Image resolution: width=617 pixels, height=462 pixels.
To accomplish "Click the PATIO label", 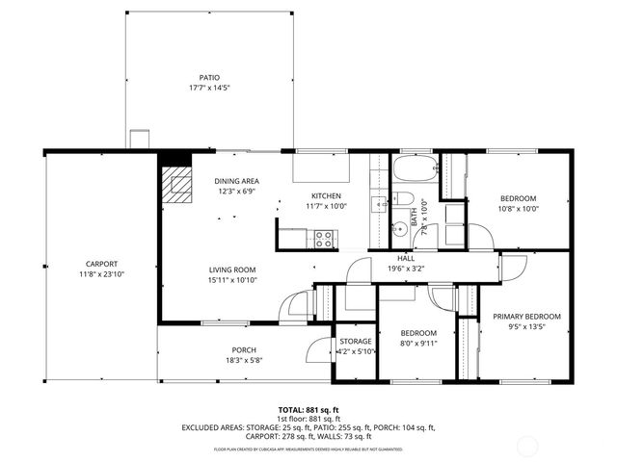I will [x=209, y=77].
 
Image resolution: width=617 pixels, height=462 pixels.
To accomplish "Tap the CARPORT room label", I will [x=101, y=263].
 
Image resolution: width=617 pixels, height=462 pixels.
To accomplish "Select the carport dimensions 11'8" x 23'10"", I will [x=101, y=273].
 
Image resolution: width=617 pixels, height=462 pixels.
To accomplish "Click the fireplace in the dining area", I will [x=177, y=182].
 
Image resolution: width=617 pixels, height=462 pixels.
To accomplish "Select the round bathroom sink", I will [x=398, y=231].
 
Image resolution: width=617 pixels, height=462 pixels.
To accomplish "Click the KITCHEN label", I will [x=326, y=196].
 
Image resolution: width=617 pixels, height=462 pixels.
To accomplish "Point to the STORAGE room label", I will [x=355, y=341].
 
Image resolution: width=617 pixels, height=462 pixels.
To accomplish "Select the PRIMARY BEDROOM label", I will [x=526, y=316].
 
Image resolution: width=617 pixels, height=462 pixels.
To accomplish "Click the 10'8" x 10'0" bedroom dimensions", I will [x=518, y=208].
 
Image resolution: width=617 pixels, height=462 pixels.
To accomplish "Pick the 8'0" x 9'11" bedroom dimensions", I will [x=419, y=342].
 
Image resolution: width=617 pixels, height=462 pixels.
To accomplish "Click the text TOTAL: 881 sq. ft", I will [x=308, y=409].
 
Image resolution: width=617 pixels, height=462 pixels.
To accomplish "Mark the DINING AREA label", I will [x=236, y=181].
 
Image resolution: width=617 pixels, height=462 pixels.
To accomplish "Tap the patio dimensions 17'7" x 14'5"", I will [x=209, y=88].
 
